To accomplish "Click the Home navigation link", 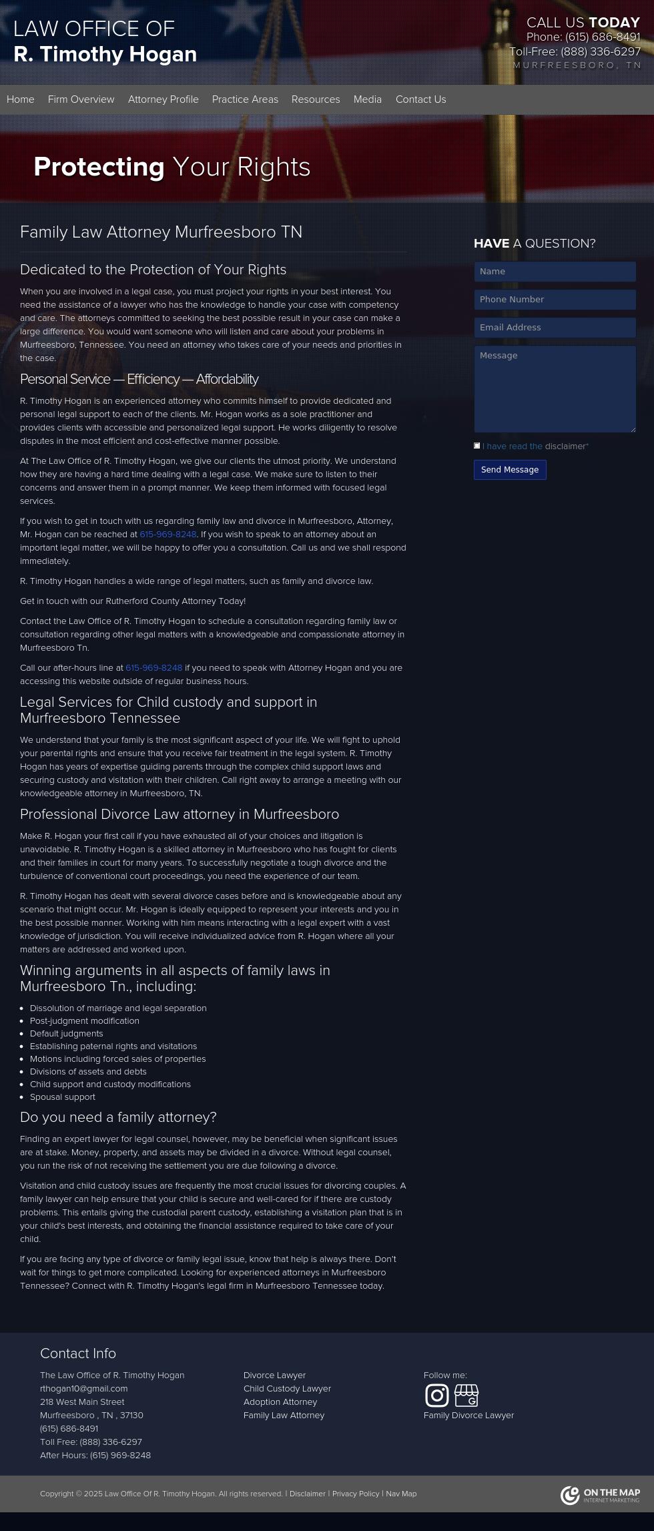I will [20, 99].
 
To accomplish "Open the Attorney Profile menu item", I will [163, 99].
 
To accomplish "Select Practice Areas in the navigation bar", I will [245, 99].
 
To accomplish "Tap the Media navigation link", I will [367, 99].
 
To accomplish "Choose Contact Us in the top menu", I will [420, 99].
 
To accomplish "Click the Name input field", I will [555, 272].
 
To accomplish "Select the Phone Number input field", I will [555, 300].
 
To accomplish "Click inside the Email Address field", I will [555, 328].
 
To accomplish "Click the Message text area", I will [555, 388].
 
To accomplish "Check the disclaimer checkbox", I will [477, 446].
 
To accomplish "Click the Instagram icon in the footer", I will [436, 1395].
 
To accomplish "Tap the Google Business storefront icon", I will [466, 1395].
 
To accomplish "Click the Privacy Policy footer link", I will [355, 1494].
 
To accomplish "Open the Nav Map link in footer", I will [401, 1494].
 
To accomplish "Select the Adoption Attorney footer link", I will [280, 1402].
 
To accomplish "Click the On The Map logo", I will [600, 1495].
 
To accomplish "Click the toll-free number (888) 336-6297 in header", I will [600, 51].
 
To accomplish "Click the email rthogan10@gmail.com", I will [83, 1388].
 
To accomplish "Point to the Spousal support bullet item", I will [63, 1097].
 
